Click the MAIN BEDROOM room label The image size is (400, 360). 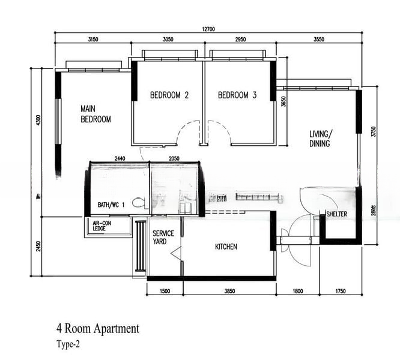click(96, 114)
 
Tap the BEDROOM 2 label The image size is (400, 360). click(169, 95)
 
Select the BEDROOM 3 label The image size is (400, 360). click(237, 95)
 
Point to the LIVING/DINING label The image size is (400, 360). click(321, 139)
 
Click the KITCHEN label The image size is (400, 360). click(226, 247)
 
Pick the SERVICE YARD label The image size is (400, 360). click(163, 237)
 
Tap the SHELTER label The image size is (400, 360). click(337, 214)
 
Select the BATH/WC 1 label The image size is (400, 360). click(111, 205)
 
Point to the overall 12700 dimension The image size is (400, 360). click(208, 29)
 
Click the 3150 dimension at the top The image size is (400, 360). click(92, 40)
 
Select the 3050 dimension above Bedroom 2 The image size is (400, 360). click(168, 40)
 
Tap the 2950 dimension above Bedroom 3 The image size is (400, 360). click(240, 40)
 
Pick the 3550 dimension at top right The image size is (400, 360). click(318, 40)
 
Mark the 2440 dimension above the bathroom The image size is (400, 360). click(120, 158)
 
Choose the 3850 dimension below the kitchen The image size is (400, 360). click(229, 291)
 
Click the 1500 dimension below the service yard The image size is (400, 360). click(165, 291)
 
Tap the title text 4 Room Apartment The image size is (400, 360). click(98, 328)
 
